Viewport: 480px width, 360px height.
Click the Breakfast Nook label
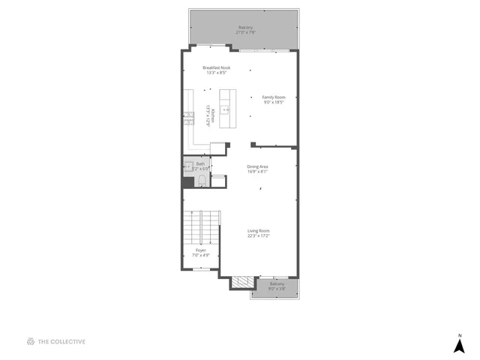coord(216,67)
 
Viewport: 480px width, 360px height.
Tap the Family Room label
coord(274,97)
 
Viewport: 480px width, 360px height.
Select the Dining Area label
coord(258,166)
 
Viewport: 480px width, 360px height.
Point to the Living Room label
coord(259,230)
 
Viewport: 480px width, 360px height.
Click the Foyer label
coord(200,250)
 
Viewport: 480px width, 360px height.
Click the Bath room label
coord(200,163)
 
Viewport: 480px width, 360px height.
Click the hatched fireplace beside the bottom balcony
coord(241,283)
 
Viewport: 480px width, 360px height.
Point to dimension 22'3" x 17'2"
coord(259,235)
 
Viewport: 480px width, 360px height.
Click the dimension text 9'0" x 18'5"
coord(274,102)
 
